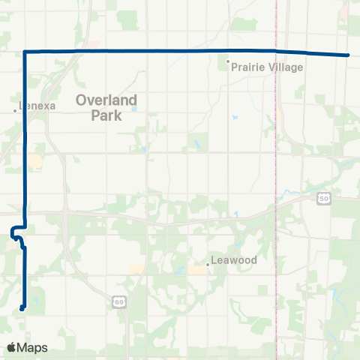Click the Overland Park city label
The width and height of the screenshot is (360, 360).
coord(105,106)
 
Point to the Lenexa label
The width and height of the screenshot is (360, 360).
coord(37,106)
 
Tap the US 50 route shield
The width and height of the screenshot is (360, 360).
coord(322,198)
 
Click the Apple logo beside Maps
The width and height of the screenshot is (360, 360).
coord(11,347)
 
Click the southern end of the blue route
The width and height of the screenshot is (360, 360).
coord(22,307)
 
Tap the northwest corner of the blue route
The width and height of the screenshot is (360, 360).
coord(26,51)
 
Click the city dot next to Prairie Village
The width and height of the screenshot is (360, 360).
coord(229,61)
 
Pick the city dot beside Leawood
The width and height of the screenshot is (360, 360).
coord(208,265)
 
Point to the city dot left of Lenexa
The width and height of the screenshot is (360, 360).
coord(15,111)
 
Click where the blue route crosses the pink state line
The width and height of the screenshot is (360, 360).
coord(276,51)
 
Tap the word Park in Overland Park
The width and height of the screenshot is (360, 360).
coord(105,116)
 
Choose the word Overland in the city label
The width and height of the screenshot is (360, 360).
coord(105,97)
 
